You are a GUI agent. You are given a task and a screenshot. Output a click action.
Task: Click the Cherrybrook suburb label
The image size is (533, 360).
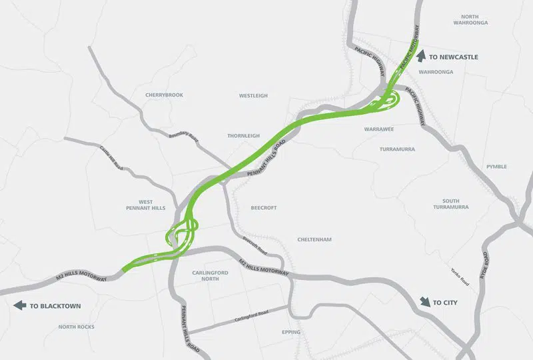pyautogui.click(x=164, y=95)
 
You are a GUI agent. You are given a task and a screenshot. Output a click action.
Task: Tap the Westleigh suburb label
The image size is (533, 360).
pyautogui.click(x=253, y=96)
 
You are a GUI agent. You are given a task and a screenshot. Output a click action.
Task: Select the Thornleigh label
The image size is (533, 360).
pyautogui.click(x=243, y=135)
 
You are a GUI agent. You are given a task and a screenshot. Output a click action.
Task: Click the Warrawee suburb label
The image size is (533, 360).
pyautogui.click(x=380, y=128)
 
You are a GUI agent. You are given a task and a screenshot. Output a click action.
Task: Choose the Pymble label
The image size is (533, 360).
pyautogui.click(x=496, y=167)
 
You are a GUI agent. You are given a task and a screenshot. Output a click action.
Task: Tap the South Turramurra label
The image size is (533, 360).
pyautogui.click(x=455, y=204)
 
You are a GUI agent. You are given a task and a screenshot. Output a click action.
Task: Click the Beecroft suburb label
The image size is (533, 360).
pyautogui.click(x=263, y=208)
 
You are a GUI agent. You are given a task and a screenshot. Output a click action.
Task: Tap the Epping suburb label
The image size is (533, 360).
pyautogui.click(x=291, y=332)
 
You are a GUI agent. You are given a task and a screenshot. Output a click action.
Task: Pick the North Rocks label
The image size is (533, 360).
pyautogui.click(x=76, y=327)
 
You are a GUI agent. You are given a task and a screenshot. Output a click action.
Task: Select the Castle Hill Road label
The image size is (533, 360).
pyautogui.click(x=111, y=157)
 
